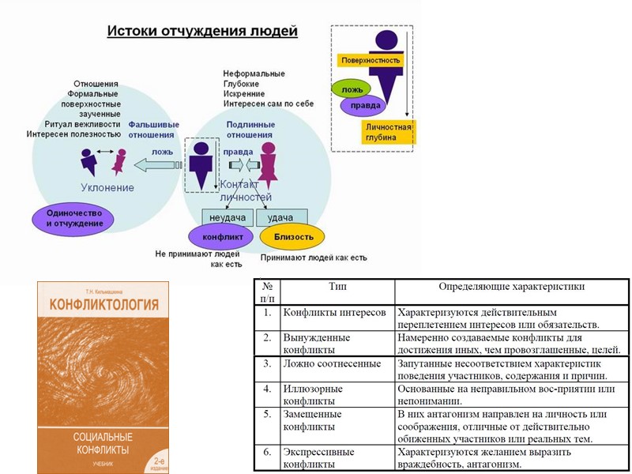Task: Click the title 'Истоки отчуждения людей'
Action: click(x=202, y=32)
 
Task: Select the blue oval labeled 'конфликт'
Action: click(x=221, y=236)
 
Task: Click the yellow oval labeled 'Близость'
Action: click(x=293, y=236)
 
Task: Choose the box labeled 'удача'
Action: click(x=280, y=217)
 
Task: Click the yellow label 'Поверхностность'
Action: click(x=371, y=60)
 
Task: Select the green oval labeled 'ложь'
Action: click(x=352, y=88)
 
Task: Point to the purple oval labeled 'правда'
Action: click(x=365, y=105)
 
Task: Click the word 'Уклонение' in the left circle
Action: click(x=107, y=188)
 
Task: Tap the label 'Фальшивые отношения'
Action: click(x=154, y=130)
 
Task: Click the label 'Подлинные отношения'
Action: click(x=250, y=130)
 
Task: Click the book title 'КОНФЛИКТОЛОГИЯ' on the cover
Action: click(x=103, y=303)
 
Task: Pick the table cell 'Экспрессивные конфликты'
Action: click(x=319, y=458)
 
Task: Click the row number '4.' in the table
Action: click(x=267, y=389)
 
